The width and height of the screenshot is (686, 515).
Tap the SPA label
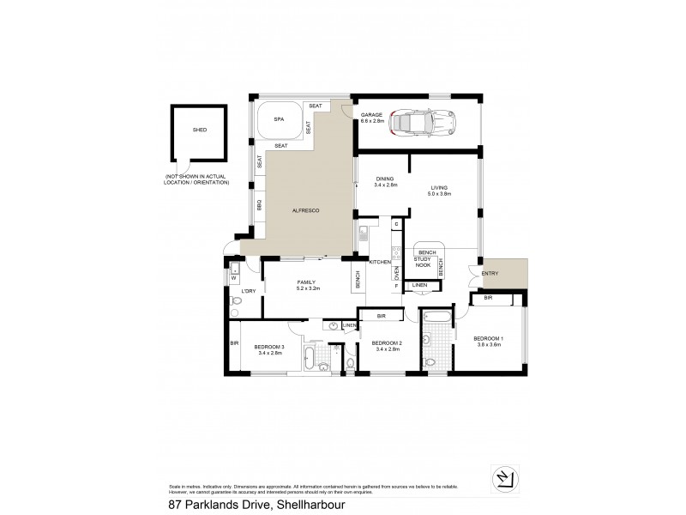click(279, 120)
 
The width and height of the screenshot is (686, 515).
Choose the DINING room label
click(383, 178)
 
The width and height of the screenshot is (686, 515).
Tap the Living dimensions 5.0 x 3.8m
click(439, 195)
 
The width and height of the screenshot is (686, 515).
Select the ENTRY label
click(490, 274)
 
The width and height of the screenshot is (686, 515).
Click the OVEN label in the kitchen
click(396, 272)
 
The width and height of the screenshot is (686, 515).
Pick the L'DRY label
click(250, 292)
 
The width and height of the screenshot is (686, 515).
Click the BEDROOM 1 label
click(489, 337)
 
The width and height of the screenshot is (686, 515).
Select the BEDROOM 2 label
click(387, 342)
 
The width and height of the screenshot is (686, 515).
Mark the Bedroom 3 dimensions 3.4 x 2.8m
click(269, 351)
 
